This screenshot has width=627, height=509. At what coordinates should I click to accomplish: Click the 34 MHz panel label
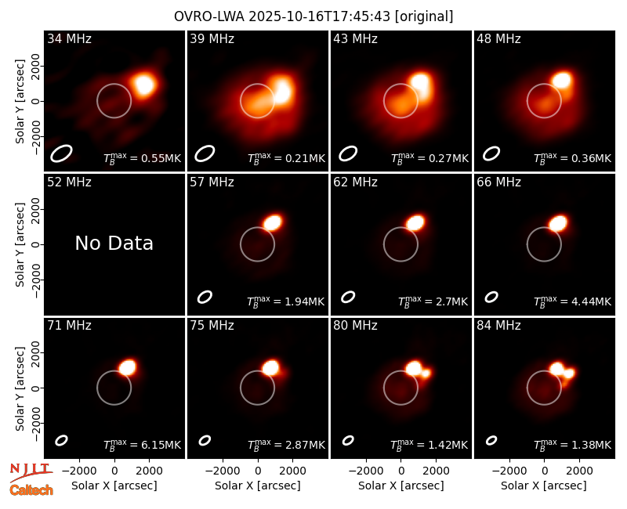click(x=69, y=38)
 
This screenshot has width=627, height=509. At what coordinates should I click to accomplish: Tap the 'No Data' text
click(x=114, y=243)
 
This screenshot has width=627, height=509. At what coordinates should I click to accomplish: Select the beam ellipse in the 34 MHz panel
click(x=61, y=153)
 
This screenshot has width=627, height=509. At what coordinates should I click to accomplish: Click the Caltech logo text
click(x=31, y=490)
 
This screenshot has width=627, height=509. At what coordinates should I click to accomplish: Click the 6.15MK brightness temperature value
click(x=161, y=445)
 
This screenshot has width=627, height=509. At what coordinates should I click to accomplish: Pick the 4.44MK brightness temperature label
click(x=592, y=301)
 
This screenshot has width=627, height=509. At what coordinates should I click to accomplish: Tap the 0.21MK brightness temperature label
click(x=305, y=158)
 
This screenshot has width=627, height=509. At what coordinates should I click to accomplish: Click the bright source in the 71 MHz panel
click(x=128, y=367)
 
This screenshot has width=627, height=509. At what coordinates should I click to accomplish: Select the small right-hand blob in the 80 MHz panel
click(x=426, y=374)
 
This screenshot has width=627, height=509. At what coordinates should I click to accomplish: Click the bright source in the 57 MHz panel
click(x=273, y=222)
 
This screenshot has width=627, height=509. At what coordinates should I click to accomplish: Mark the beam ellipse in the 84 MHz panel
click(x=491, y=440)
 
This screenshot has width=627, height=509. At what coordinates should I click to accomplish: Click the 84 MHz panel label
click(x=498, y=326)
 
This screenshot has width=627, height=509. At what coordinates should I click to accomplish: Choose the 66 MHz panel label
click(x=498, y=182)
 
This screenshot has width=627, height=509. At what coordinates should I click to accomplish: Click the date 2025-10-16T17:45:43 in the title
click(x=319, y=16)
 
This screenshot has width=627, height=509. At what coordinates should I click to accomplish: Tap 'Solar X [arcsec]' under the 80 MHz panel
click(x=400, y=486)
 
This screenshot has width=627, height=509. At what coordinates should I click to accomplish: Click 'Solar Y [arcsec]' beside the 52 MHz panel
click(x=20, y=244)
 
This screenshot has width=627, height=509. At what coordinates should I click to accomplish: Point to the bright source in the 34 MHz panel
click(x=144, y=85)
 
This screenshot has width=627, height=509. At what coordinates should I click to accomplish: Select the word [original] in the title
click(x=424, y=16)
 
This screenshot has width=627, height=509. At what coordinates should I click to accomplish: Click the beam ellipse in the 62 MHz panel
click(x=348, y=297)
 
